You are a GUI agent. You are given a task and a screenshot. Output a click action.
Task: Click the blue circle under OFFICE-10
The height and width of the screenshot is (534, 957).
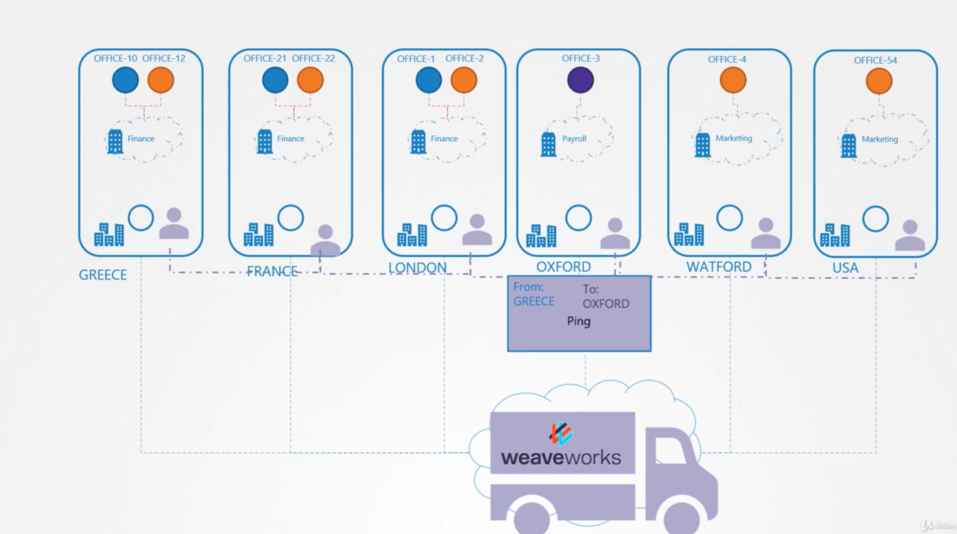(125, 80)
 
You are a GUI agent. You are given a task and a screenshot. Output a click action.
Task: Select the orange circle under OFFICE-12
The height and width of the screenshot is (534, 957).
(161, 80)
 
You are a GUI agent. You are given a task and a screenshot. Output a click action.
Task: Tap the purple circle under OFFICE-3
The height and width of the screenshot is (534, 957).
(580, 80)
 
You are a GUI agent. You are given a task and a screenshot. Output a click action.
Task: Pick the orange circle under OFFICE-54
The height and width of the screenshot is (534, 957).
(879, 81)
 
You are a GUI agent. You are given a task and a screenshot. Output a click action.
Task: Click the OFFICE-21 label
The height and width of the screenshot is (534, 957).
(264, 58)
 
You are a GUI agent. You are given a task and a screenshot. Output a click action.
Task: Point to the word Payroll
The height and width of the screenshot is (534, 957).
(574, 138)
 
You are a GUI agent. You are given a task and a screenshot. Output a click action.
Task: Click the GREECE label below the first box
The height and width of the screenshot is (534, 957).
(103, 275)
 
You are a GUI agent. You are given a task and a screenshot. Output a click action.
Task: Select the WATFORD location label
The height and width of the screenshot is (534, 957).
(719, 267)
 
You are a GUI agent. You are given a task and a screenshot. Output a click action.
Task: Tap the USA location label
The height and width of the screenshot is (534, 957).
(845, 268)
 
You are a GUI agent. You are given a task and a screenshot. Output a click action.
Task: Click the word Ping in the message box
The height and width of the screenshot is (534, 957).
(578, 321)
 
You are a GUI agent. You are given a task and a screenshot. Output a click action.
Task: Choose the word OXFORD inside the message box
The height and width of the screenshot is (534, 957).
(606, 304)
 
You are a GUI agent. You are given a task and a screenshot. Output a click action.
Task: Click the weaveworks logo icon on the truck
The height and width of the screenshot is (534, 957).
(561, 433)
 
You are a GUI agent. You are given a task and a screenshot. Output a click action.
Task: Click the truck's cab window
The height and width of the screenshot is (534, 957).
(670, 450)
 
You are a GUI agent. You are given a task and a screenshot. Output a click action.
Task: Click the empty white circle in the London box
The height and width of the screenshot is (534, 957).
(444, 218)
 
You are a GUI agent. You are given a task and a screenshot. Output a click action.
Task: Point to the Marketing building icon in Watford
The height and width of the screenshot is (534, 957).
(702, 145)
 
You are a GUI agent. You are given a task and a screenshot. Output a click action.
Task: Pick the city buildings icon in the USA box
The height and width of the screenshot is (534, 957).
(835, 235)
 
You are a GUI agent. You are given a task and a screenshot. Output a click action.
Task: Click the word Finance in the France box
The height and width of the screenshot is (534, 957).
(290, 138)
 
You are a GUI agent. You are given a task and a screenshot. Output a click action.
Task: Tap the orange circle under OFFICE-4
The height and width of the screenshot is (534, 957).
(733, 80)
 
